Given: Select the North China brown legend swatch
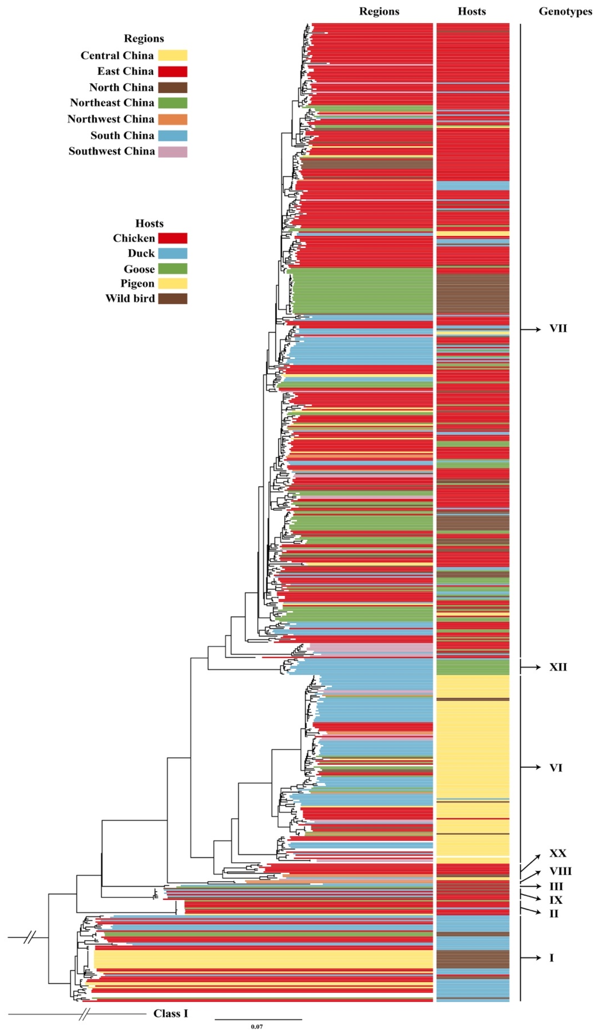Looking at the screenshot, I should tap(172, 88).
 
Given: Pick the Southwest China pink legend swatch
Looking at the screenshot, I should tap(172, 151).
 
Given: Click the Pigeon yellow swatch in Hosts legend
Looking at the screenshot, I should tap(172, 283).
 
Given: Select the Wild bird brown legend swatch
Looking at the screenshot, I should tap(172, 299).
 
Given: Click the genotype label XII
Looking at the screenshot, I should tap(558, 667).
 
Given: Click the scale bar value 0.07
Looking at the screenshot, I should tap(257, 1027).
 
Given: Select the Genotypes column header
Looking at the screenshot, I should tap(565, 11).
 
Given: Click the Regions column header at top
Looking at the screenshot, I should tap(379, 11).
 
